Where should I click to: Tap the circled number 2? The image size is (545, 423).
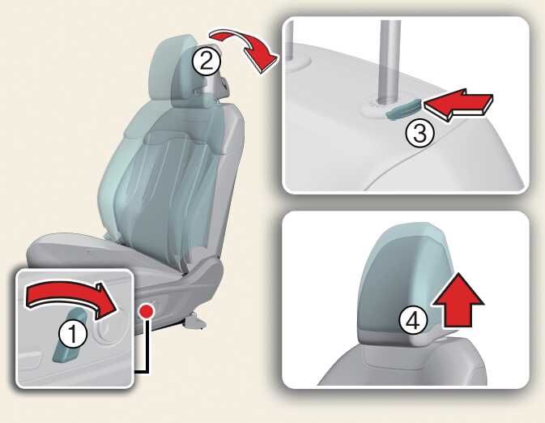click(x=207, y=62)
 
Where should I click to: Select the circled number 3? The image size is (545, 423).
click(x=419, y=134)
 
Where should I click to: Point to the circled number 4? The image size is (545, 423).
click(x=413, y=321)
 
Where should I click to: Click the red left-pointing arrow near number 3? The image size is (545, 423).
click(x=458, y=103)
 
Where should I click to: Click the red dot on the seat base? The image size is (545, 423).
click(x=146, y=311)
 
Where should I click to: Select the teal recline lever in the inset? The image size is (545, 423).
click(x=71, y=335)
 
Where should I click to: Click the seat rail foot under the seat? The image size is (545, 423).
click(x=194, y=321)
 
